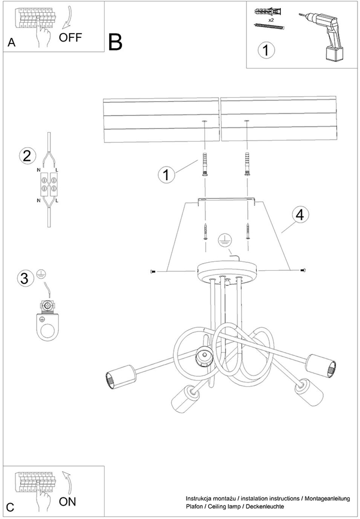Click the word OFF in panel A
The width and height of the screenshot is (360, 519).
(x=70, y=38)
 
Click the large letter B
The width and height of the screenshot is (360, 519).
(x=115, y=42)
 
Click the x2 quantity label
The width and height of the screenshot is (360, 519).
(x=271, y=20)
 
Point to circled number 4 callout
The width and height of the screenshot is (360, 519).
(x=300, y=215)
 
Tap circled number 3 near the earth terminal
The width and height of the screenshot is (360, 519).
(x=26, y=278)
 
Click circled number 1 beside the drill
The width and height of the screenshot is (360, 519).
(x=266, y=50)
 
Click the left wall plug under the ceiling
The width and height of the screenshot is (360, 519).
(x=204, y=165)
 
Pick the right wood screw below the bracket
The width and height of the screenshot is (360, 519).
(x=248, y=231)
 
